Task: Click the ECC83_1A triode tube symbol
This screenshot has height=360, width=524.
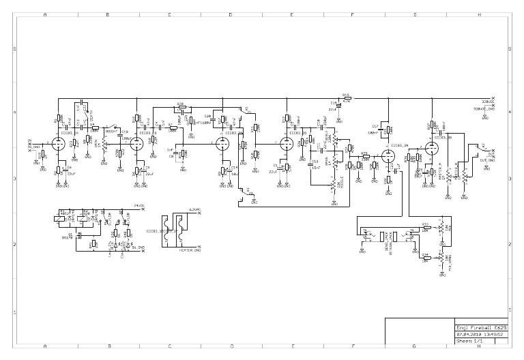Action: click(57, 143)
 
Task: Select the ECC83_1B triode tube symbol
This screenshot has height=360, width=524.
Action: click(136, 143)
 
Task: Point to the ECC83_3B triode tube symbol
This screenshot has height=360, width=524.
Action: click(433, 147)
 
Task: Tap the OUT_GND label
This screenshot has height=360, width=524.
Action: click(487, 159)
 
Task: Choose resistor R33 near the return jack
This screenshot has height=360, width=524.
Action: click(425, 224)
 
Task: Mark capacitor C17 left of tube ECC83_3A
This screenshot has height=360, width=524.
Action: click(375, 125)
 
